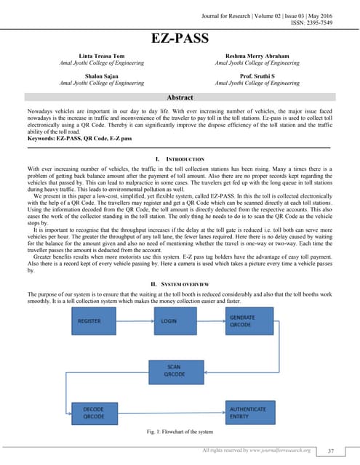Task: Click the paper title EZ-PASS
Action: click(x=180, y=39)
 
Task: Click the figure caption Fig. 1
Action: click(x=180, y=434)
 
